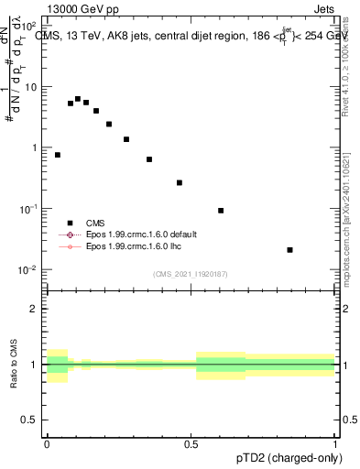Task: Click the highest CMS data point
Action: [78, 99]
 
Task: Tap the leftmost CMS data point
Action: [58, 155]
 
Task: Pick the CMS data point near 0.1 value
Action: [221, 211]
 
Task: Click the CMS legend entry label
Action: [95, 223]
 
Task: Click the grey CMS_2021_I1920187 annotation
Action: [191, 273]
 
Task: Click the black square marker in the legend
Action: [69, 223]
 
